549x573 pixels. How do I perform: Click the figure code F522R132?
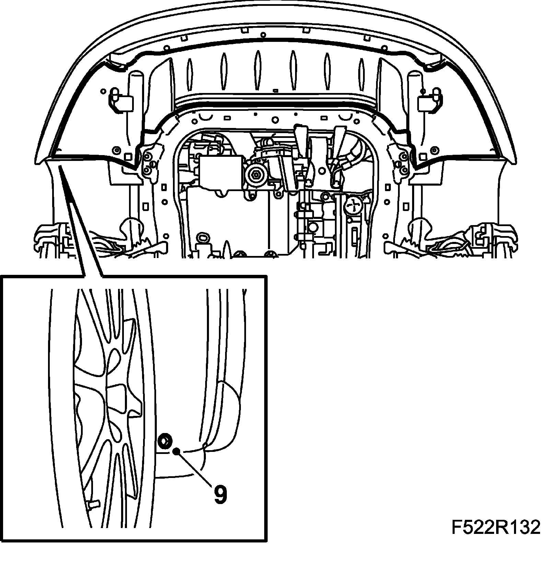[x=495, y=527]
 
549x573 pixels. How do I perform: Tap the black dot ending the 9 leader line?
[x=176, y=451]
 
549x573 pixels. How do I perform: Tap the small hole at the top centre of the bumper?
[x=263, y=35]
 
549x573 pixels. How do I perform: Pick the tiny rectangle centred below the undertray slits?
[x=274, y=91]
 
